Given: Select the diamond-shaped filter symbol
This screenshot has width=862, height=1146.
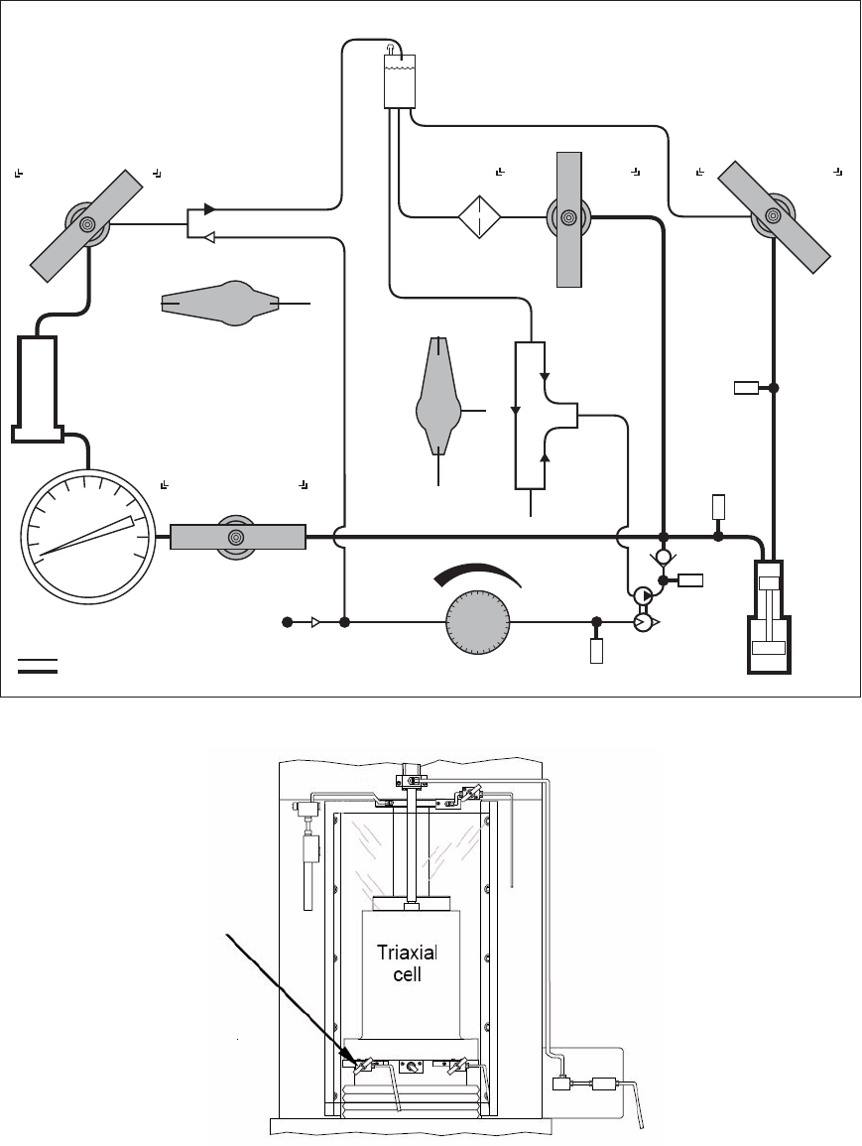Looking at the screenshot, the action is click(480, 216).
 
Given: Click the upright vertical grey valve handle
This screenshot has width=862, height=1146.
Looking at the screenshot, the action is click(569, 219).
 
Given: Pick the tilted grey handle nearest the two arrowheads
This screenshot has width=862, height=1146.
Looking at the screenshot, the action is click(87, 226).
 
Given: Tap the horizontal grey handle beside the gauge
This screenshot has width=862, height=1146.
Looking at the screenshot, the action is click(237, 537).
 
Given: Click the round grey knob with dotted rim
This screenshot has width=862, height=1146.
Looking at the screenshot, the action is click(478, 622).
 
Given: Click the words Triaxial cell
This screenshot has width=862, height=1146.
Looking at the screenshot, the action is click(407, 962).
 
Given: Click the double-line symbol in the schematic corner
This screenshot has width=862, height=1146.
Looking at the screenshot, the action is click(38, 665).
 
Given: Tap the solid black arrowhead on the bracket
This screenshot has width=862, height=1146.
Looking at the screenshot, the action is click(209, 209).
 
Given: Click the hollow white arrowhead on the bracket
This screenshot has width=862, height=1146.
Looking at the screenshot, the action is click(209, 236).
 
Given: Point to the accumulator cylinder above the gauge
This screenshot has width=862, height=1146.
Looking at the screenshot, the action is click(35, 389).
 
